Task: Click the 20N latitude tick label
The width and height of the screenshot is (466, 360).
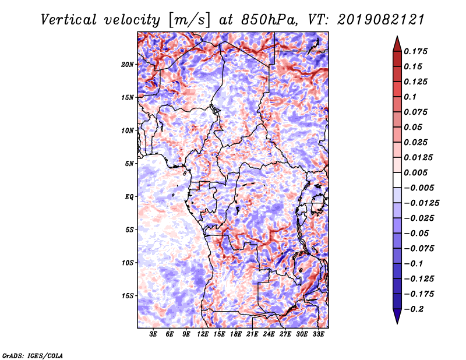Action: pyautogui.click(x=128, y=65)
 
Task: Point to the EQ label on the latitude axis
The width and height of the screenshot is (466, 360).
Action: pyautogui.click(x=129, y=197)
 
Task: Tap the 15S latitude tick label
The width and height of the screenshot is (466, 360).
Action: pyautogui.click(x=128, y=296)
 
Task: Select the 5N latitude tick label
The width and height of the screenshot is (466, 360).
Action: pyautogui.click(x=129, y=164)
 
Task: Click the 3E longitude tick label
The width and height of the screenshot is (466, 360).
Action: pyautogui.click(x=153, y=334)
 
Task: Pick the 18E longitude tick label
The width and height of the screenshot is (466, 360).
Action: pyautogui.click(x=236, y=334)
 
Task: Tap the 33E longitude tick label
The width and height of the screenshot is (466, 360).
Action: pyautogui.click(x=318, y=334)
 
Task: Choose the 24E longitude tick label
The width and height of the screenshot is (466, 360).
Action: pyautogui.click(x=269, y=334)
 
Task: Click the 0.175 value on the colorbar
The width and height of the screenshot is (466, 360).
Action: pyautogui.click(x=416, y=51)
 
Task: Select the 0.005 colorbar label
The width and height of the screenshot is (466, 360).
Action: pyautogui.click(x=416, y=172)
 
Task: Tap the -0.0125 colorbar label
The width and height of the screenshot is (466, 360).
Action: pyautogui.click(x=422, y=203)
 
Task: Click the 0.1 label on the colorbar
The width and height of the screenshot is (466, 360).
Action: pyautogui.click(x=411, y=97)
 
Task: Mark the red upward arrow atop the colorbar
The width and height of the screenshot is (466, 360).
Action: pyautogui.click(x=397, y=44)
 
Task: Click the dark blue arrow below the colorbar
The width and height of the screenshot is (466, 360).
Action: pyautogui.click(x=397, y=316)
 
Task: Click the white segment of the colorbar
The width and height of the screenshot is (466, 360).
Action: pyautogui.click(x=397, y=180)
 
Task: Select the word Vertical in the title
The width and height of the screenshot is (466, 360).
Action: pyautogui.click(x=69, y=20)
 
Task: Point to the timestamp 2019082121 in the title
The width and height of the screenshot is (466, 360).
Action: pyautogui.click(x=381, y=20)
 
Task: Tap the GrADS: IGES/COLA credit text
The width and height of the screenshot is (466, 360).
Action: pyautogui.click(x=33, y=355)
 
